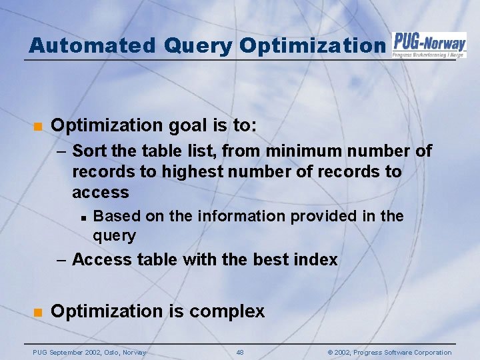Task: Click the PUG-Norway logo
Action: (429, 45)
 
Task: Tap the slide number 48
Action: (240, 352)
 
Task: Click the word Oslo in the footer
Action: (110, 352)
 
